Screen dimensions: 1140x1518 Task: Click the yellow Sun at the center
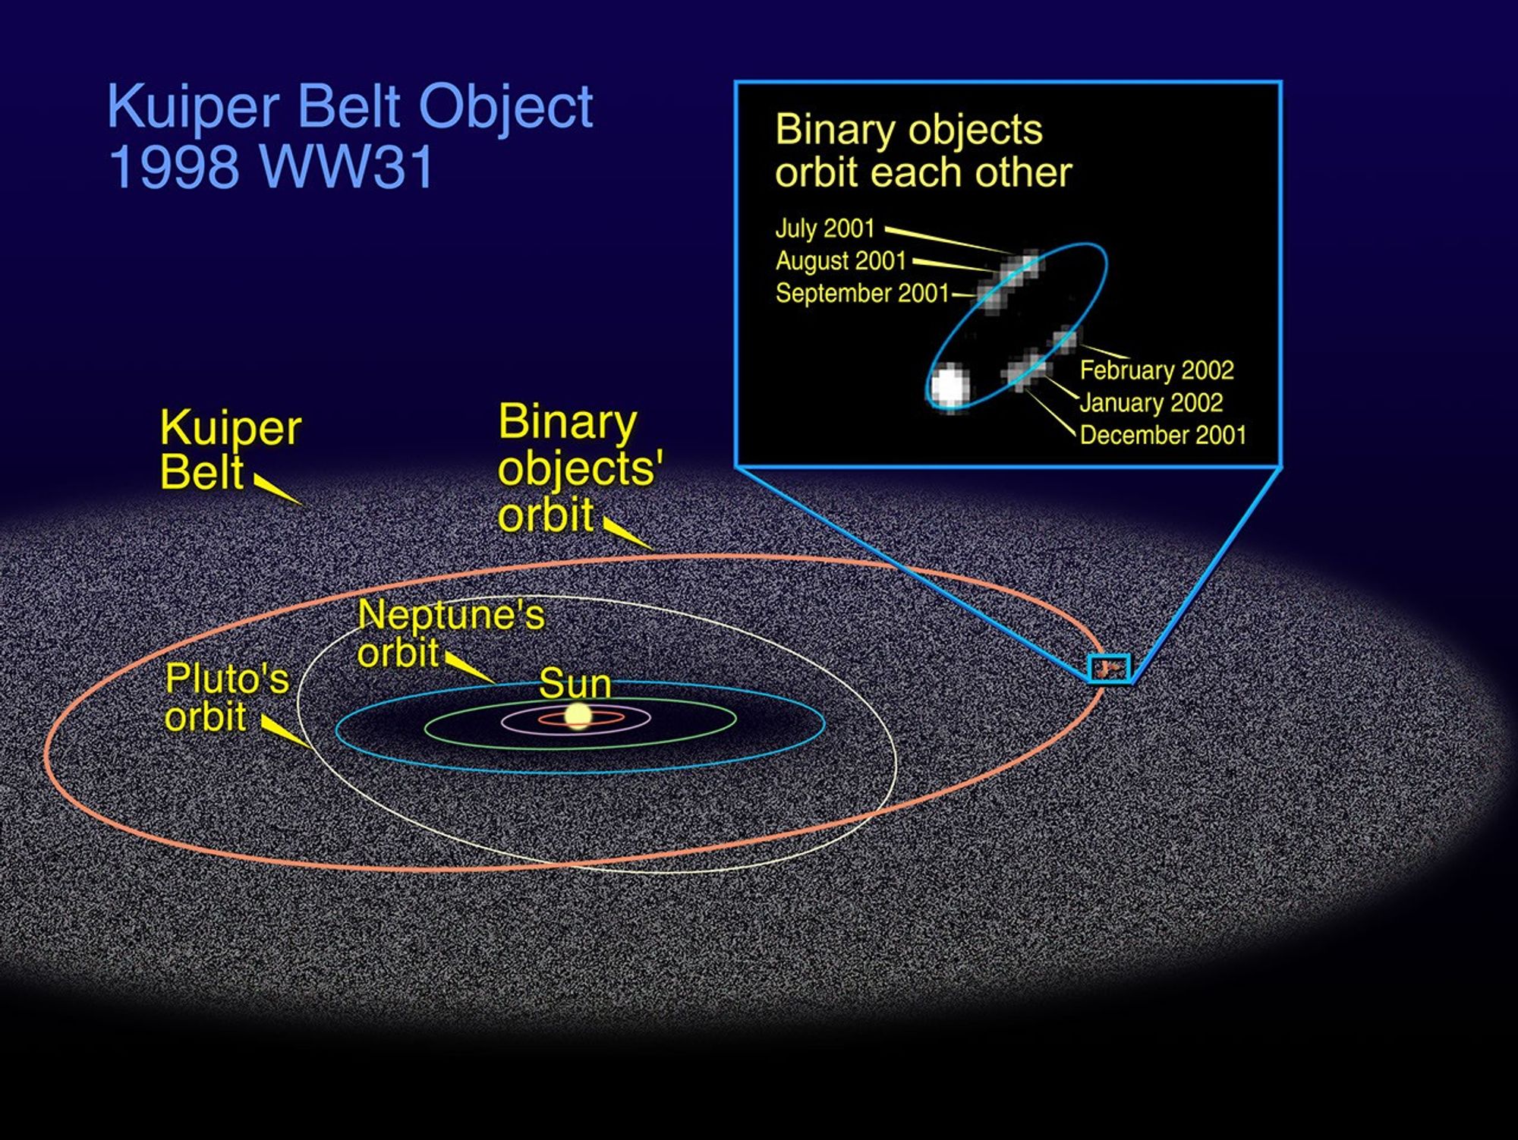tap(578, 716)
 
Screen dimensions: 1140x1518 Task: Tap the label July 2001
tap(825, 228)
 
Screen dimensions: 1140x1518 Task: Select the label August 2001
tap(840, 261)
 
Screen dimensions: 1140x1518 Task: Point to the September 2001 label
tap(862, 294)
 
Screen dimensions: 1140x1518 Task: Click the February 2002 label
tap(1156, 370)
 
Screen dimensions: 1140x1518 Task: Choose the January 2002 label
tap(1151, 403)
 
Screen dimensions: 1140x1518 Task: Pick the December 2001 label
tap(1163, 436)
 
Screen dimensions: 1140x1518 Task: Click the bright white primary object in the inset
tap(950, 386)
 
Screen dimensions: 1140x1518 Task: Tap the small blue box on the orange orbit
tap(1110, 668)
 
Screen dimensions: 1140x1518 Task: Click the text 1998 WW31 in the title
tap(271, 167)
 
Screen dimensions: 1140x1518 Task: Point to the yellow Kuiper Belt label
tap(229, 449)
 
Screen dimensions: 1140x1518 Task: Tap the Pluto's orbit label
tap(226, 697)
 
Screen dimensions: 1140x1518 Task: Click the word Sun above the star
tap(575, 683)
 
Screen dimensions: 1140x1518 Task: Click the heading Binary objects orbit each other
tap(922, 151)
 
